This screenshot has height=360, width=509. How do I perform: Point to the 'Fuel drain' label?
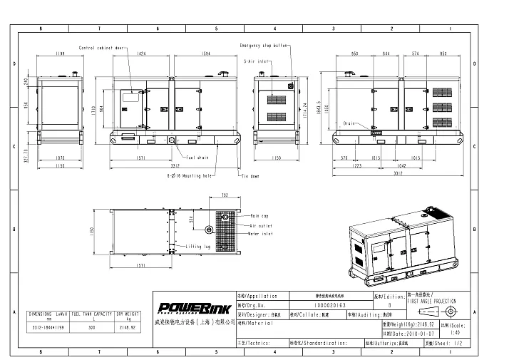[197, 156]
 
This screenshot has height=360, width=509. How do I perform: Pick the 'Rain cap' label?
[259, 215]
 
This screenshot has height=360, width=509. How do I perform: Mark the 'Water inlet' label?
[261, 234]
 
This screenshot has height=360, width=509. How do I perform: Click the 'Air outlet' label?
[261, 225]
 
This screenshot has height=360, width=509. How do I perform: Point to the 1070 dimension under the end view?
[60, 158]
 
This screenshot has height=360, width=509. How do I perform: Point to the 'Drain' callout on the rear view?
[349, 123]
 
